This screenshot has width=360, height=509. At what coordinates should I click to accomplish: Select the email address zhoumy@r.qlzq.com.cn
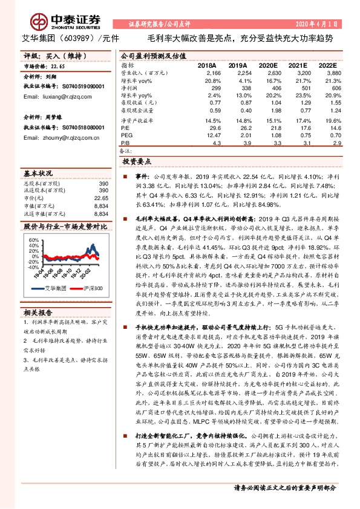pyautogui.click(x=54, y=137)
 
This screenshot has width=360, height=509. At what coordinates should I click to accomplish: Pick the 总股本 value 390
pyautogui.click(x=103, y=184)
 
